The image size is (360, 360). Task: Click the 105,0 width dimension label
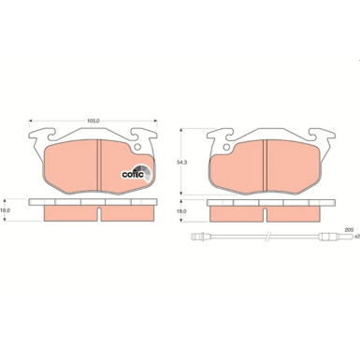[x=93, y=120]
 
